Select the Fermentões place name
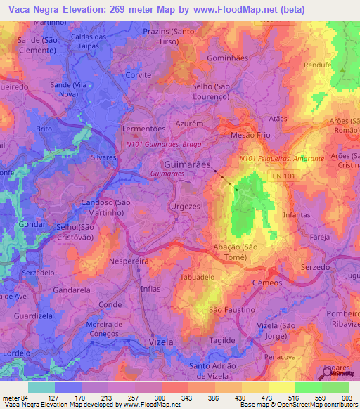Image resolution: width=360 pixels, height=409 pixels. [x=143, y=129]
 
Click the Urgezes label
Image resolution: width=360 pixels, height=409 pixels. [x=186, y=207]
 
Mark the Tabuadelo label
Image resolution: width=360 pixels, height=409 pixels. [x=198, y=277]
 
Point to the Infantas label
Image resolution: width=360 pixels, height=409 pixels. [x=296, y=214]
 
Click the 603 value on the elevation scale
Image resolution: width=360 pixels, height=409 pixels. [x=349, y=397]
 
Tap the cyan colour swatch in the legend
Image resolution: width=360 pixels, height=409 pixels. [x=41, y=387]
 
